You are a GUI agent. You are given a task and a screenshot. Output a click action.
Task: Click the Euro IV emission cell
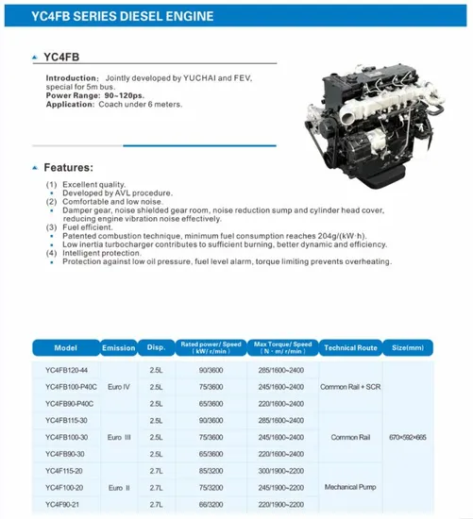point(118,387)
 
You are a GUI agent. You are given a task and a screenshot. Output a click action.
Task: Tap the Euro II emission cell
point(118,488)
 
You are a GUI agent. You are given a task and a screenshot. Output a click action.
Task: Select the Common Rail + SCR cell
point(351,387)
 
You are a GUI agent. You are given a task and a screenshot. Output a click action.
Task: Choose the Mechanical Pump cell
point(351,488)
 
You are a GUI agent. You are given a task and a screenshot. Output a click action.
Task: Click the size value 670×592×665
point(408,438)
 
